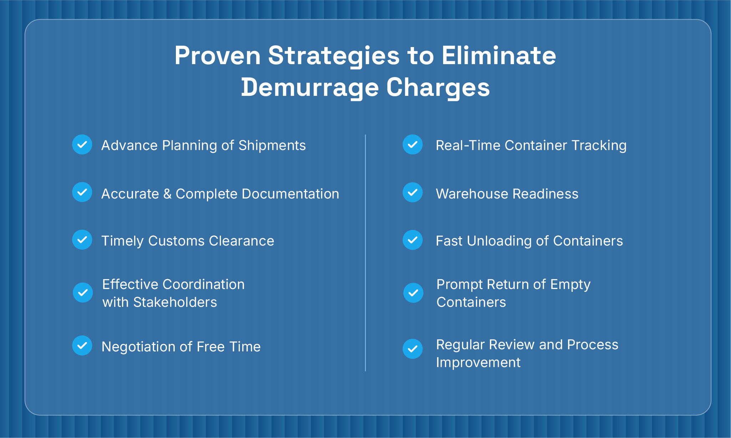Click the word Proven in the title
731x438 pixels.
[x=218, y=56]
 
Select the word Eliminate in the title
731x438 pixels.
[x=499, y=56]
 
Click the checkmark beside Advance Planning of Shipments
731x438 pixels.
[x=82, y=144]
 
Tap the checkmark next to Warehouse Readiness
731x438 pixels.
[x=413, y=192]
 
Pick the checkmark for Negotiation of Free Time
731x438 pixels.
[x=82, y=345]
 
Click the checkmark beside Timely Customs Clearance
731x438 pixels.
[x=82, y=239]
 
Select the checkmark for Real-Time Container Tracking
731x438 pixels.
[x=413, y=144]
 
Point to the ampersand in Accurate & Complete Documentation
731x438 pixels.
[x=167, y=194]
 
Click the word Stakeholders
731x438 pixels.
[x=175, y=302]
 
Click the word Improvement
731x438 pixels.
[x=478, y=362]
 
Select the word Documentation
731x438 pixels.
[x=290, y=194]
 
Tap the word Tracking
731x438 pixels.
[x=599, y=145]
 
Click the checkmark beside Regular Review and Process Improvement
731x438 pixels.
[x=413, y=349]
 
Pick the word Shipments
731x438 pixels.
[x=272, y=145]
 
